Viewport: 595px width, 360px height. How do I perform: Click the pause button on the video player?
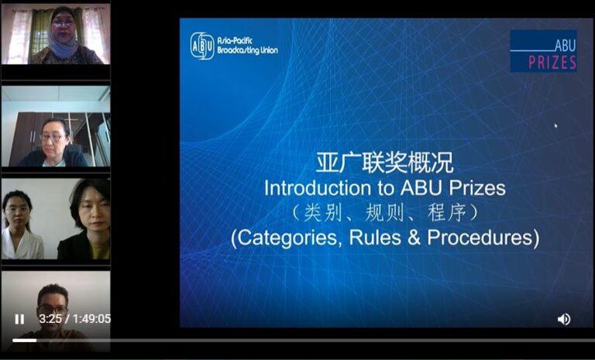point(19,320)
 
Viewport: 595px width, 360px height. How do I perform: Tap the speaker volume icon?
point(564,320)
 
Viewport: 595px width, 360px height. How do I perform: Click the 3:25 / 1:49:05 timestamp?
point(74,319)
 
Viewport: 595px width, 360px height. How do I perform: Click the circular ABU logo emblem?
point(202,46)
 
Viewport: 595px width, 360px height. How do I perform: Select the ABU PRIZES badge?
point(543,51)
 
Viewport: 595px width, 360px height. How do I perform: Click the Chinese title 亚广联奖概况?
point(385,163)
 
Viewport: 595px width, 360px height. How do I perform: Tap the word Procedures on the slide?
point(480,237)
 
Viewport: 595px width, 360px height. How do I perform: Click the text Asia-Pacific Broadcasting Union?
point(247,46)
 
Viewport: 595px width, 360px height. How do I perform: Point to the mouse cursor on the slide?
point(556,126)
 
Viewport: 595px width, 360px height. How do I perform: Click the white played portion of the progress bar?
point(24,341)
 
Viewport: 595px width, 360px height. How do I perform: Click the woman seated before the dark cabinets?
point(53,144)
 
